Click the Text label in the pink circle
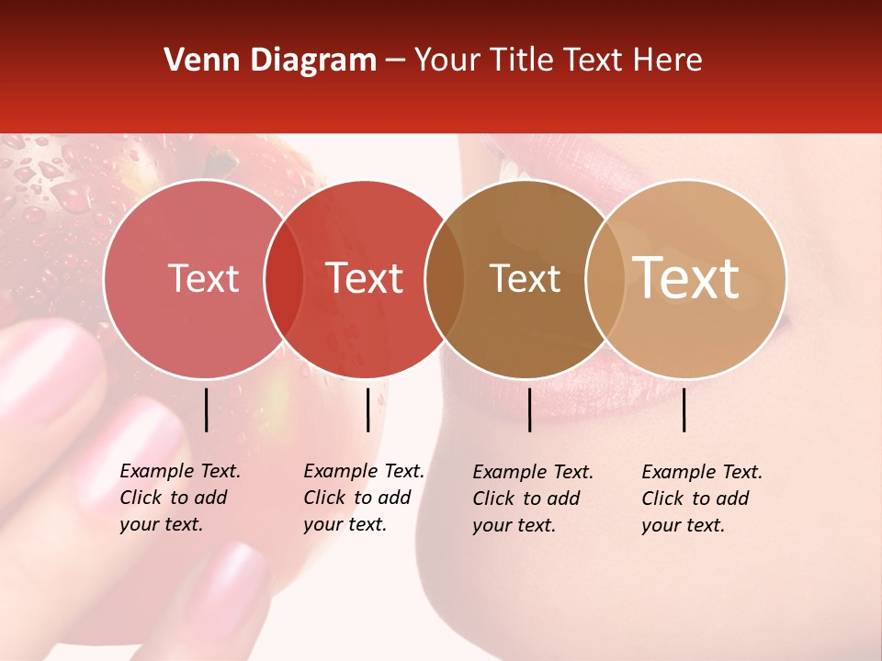tap(203, 278)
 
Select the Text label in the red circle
tap(365, 278)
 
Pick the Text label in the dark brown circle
tap(526, 278)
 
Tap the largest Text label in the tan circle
tap(686, 278)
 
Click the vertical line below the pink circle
tap(206, 409)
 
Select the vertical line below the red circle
tap(367, 409)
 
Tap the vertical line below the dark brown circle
tap(529, 409)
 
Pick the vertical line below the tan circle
tap(684, 409)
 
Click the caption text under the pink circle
tap(179, 498)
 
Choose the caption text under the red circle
tap(363, 498)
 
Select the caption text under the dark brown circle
tap(532, 499)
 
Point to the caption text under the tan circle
tap(701, 499)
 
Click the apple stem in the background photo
tap(220, 163)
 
